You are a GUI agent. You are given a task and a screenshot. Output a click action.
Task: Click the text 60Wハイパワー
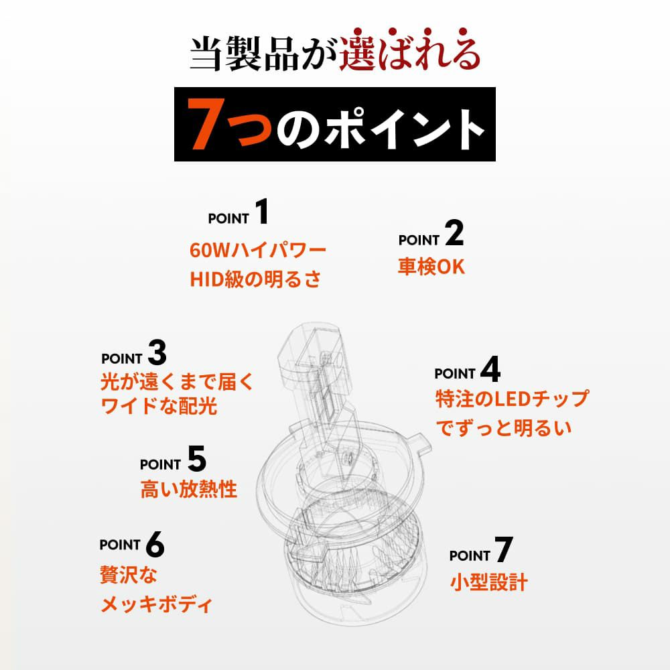258,250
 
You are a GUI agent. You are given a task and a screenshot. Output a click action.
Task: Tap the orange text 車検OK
431,267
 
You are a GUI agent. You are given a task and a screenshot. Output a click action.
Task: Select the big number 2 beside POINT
454,233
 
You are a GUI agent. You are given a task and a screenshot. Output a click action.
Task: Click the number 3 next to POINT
157,352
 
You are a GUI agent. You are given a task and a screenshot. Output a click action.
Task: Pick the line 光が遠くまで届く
178,382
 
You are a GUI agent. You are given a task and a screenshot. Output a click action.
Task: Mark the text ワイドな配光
159,405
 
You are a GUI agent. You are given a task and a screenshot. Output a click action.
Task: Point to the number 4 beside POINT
490,369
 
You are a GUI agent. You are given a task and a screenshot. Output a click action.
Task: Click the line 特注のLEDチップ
512,399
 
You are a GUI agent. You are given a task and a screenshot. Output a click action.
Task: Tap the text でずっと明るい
504,427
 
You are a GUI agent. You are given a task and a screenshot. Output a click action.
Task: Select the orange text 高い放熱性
188,489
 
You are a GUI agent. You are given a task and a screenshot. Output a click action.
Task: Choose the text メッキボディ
156,604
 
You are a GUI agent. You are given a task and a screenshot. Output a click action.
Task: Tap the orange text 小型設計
489,582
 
